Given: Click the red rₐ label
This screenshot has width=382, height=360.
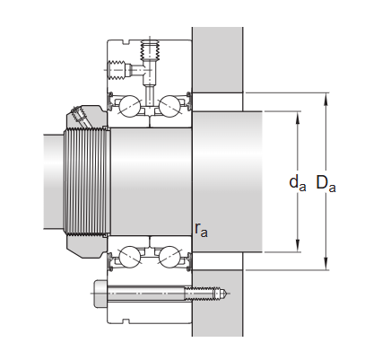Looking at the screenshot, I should [x=201, y=230].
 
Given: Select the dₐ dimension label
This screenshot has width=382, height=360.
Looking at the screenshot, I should [x=297, y=184].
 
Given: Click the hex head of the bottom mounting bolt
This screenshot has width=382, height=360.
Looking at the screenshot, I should [x=98, y=293].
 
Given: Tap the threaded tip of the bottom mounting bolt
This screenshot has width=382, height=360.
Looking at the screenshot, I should [x=218, y=293].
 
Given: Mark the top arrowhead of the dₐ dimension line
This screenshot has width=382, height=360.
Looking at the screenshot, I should [x=297, y=115].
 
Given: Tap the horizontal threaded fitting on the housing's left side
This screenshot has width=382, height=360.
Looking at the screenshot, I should [x=117, y=68].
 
